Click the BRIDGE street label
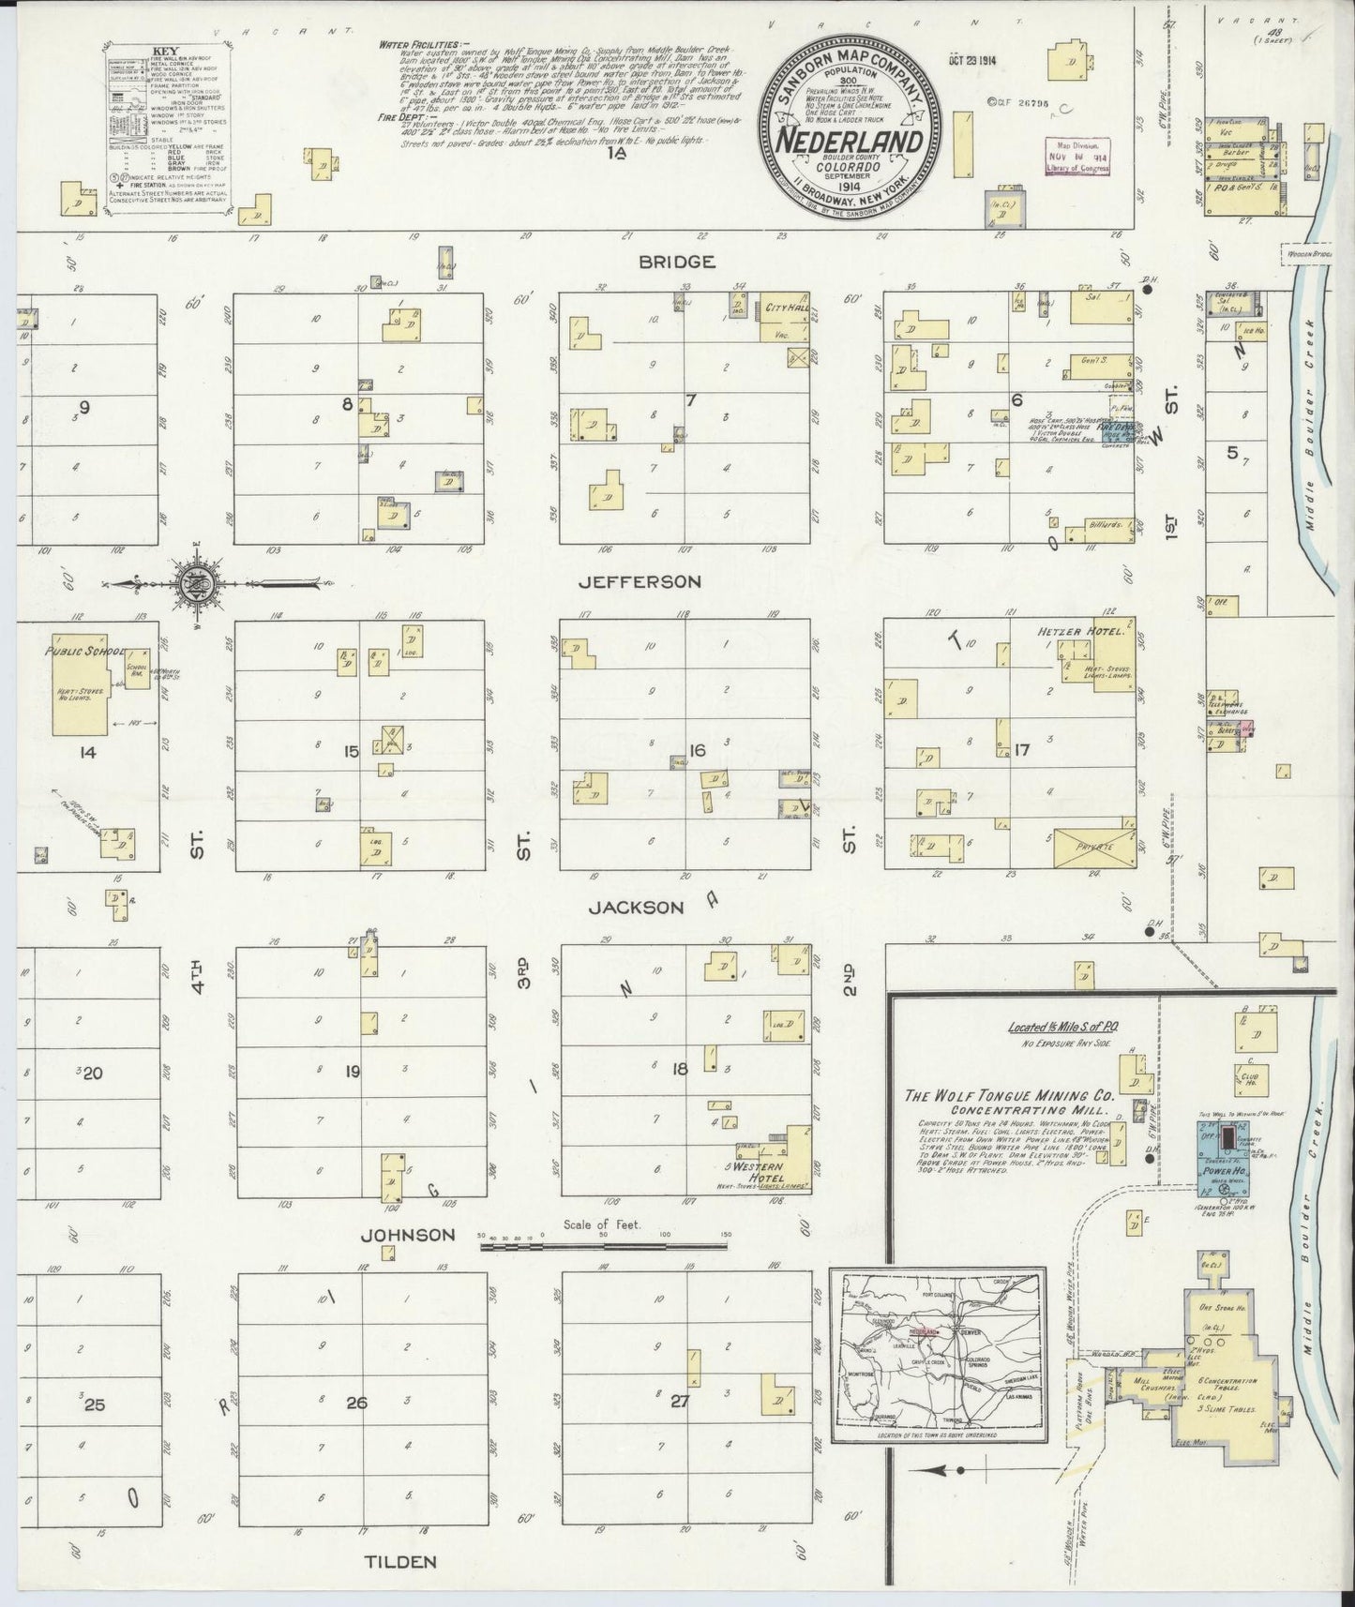click(x=676, y=262)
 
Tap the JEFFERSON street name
click(x=640, y=581)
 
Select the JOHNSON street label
click(x=410, y=1235)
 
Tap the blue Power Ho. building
click(x=1230, y=1152)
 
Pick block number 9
click(x=84, y=407)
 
